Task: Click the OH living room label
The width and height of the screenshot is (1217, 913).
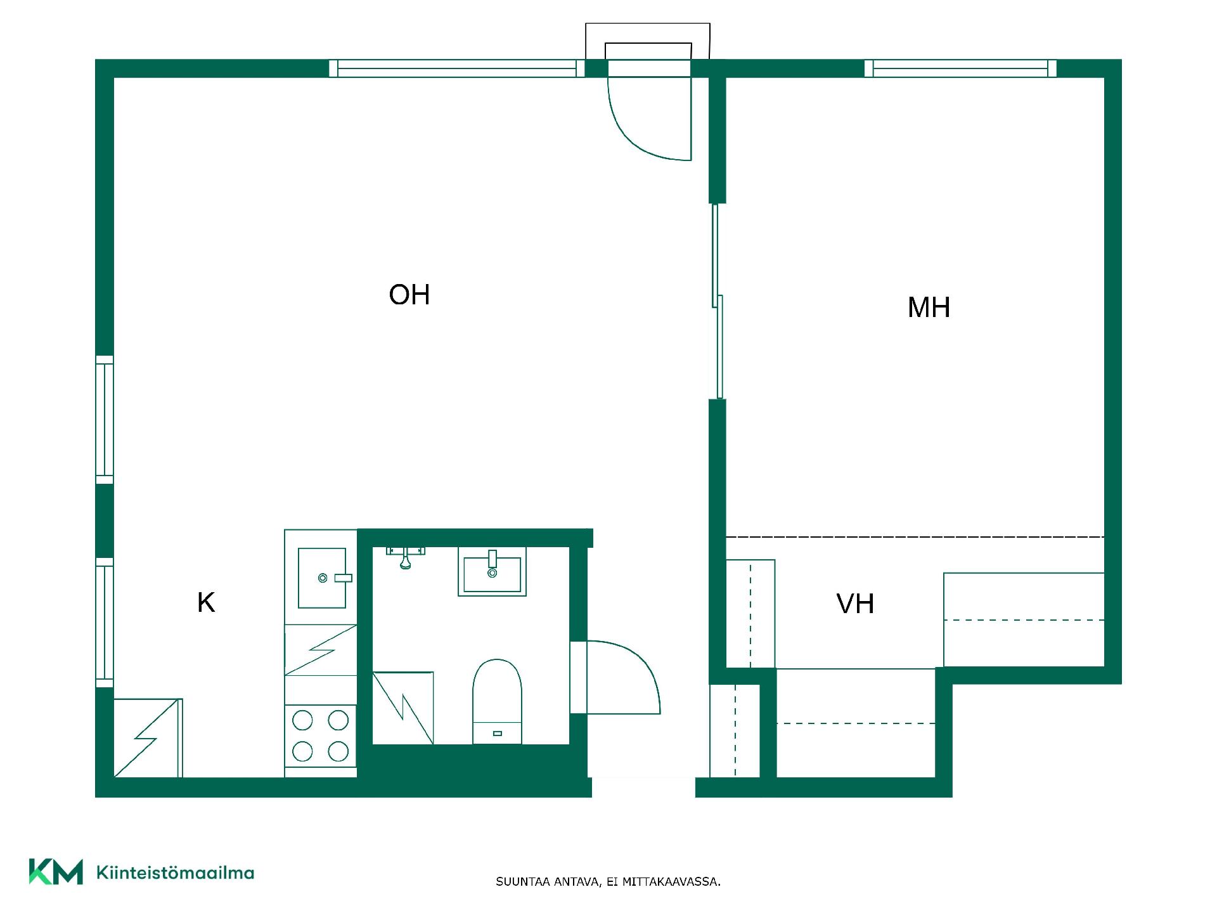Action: point(409,295)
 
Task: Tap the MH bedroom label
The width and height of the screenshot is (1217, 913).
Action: point(929,308)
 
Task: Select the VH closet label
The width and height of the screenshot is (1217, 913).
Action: point(855,604)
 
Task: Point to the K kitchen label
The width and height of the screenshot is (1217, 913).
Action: point(206,602)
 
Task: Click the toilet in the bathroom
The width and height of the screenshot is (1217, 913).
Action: point(497,701)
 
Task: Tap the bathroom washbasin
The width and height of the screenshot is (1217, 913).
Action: point(492,572)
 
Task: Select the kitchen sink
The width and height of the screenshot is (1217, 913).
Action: point(323,578)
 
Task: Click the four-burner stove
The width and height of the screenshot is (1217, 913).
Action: point(320,735)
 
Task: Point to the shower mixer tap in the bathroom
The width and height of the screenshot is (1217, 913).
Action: point(406,556)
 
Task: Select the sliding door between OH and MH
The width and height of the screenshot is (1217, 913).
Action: point(717,301)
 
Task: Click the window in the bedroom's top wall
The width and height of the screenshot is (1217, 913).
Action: point(960,68)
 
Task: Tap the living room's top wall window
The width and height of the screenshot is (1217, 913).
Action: point(456,68)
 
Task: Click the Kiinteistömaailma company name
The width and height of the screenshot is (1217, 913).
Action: point(175,873)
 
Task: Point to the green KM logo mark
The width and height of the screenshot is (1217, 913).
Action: point(56,872)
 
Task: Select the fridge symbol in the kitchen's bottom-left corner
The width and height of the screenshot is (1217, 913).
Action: point(148,738)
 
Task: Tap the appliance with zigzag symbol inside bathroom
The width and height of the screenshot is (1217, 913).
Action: point(403,708)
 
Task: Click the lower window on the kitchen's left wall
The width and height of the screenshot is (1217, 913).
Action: point(105,623)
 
